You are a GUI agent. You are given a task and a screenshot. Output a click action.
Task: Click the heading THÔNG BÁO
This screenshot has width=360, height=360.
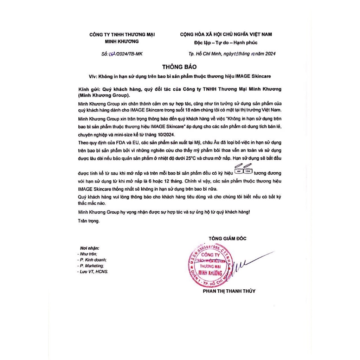click(x=180, y=66)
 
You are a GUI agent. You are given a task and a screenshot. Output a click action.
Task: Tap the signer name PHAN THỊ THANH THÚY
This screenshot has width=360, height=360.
click(x=229, y=291)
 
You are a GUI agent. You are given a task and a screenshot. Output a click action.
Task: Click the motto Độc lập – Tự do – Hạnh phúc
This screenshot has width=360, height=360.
click(x=226, y=43)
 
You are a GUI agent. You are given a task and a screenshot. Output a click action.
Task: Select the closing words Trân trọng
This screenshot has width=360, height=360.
click(x=89, y=221)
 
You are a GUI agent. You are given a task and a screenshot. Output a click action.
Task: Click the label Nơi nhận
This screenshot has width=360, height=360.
click(x=90, y=248)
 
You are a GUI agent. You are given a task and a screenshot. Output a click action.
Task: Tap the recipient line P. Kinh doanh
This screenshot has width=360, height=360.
click(x=92, y=260)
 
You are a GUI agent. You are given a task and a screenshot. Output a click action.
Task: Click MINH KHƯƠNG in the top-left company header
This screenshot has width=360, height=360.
click(x=122, y=41)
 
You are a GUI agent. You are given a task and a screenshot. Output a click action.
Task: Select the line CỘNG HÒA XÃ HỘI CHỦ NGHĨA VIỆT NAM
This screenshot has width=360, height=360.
click(x=226, y=34)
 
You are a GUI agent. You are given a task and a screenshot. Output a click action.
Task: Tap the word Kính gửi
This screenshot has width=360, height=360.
click(x=88, y=89)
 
